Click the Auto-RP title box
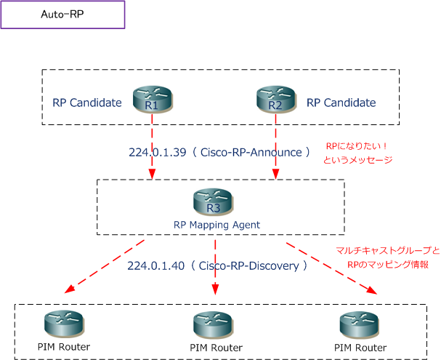coord(62,15)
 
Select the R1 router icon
coord(153,99)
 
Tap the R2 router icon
coord(276,99)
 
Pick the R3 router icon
coord(213,201)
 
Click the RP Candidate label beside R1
coord(87,103)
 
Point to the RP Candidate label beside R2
coord(341,103)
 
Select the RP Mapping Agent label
coord(217,225)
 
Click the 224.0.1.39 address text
coord(158,152)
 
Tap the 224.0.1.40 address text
coord(156,265)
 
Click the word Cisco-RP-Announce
coord(251,152)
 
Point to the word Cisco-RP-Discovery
coord(249,265)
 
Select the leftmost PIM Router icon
coord(64,324)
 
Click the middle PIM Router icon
coord(213,325)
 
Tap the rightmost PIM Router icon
coord(359,325)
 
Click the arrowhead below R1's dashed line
coord(152,174)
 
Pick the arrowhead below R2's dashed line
coord(275,174)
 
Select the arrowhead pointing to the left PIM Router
coord(69,289)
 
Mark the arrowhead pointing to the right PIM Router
coord(372,290)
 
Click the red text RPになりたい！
coord(357,146)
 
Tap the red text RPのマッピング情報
coord(388,265)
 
